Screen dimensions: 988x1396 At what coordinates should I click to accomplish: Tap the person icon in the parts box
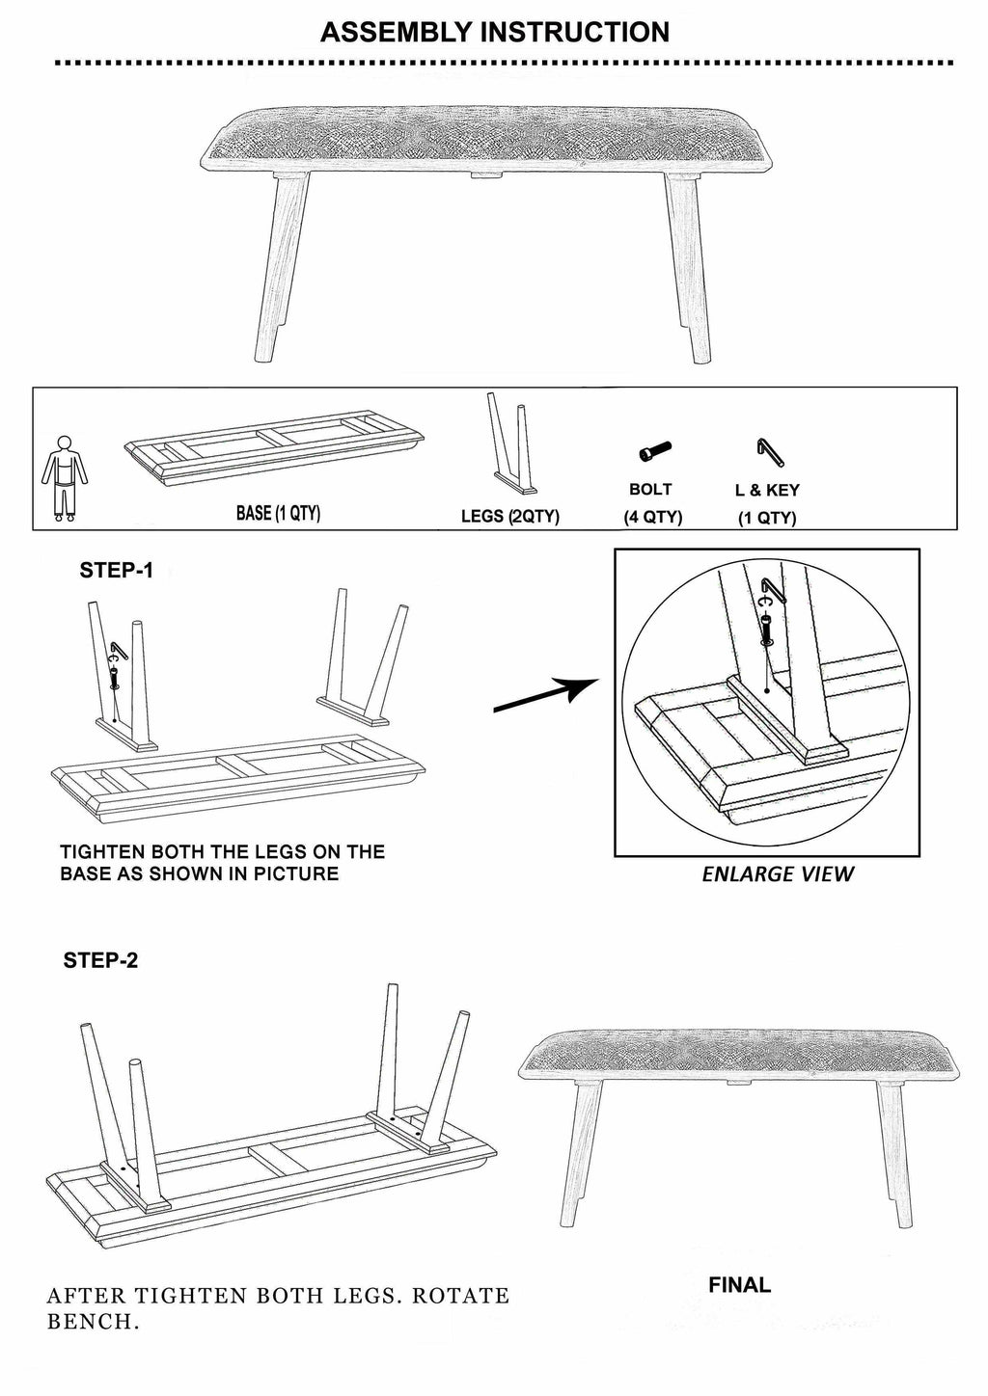point(65,478)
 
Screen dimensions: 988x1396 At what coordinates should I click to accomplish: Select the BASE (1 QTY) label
point(278,514)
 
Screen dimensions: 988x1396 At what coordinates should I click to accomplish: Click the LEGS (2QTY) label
point(510,517)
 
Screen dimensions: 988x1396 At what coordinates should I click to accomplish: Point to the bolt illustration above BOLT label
point(655,450)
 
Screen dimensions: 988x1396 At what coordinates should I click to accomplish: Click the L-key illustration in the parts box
point(771,452)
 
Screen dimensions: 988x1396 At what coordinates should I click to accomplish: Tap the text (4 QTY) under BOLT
point(653,518)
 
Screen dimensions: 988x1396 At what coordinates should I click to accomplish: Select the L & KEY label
point(767,491)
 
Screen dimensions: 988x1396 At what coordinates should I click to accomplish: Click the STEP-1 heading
point(116,570)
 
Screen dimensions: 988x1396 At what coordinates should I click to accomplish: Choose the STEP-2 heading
point(100,960)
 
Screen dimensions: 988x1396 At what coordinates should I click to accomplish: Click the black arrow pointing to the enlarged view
point(545,695)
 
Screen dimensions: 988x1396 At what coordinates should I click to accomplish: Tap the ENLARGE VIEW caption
point(777,874)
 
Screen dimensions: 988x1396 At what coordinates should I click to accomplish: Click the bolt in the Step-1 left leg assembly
point(114,678)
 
